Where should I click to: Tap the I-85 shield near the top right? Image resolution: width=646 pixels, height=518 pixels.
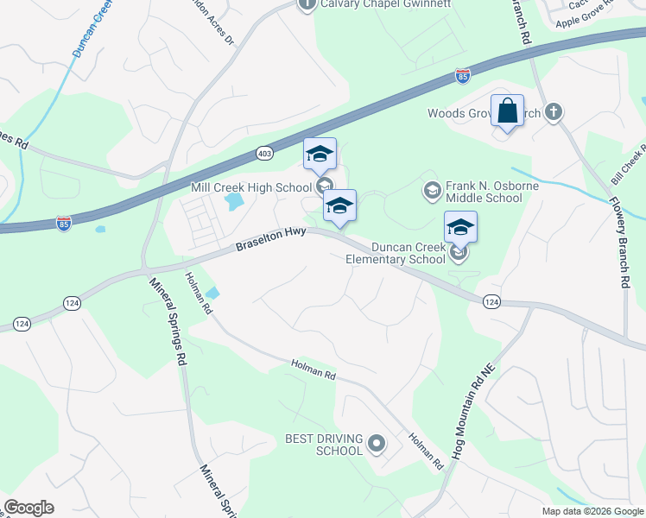coord(463,78)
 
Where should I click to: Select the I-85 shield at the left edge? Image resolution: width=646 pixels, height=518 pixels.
coord(64,224)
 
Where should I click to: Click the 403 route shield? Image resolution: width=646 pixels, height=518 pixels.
coord(265,153)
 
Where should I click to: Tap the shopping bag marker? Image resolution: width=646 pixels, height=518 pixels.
coord(507,111)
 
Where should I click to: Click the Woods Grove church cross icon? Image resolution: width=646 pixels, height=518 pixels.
coord(554,112)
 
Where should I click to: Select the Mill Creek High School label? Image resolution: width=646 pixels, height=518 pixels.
coord(250,187)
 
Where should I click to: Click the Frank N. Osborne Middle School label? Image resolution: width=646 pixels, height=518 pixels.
coord(484,192)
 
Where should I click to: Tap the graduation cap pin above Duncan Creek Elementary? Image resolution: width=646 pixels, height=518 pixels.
coord(460,228)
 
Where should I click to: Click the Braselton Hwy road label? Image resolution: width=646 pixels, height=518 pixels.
coord(272,241)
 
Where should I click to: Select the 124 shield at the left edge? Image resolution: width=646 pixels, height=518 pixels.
coord(22,324)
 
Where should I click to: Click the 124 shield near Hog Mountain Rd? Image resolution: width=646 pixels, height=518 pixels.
coord(491,300)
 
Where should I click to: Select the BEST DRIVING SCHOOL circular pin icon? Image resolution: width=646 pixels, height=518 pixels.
coord(376,445)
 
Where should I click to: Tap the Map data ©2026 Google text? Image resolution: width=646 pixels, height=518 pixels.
coord(592,511)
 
